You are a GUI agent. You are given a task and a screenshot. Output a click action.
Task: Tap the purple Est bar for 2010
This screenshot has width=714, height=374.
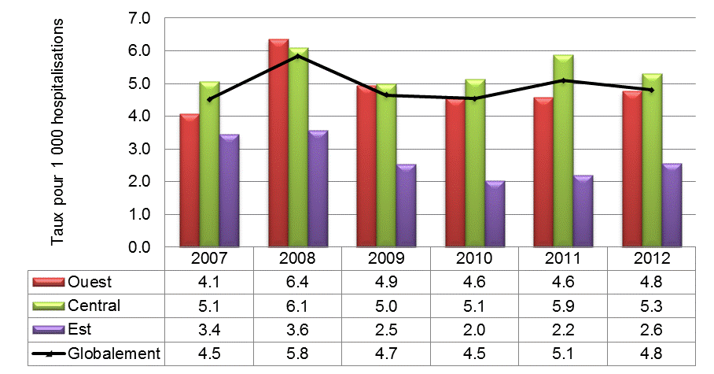pos(495,214)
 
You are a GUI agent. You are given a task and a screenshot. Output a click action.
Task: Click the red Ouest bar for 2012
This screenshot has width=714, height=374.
pos(632,169)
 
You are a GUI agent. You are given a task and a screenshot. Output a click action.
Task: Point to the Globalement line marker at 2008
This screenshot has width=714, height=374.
pos(298,56)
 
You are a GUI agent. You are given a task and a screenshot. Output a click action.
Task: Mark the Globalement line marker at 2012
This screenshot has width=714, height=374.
pos(651,90)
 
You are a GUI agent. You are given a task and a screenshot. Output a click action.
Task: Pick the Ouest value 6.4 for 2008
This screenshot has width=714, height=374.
pos(298,282)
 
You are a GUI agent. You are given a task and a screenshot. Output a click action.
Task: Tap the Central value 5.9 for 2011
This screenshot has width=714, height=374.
pos(563,305)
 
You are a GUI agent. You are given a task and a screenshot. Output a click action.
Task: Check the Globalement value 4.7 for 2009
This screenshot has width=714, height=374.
pos(386,354)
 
